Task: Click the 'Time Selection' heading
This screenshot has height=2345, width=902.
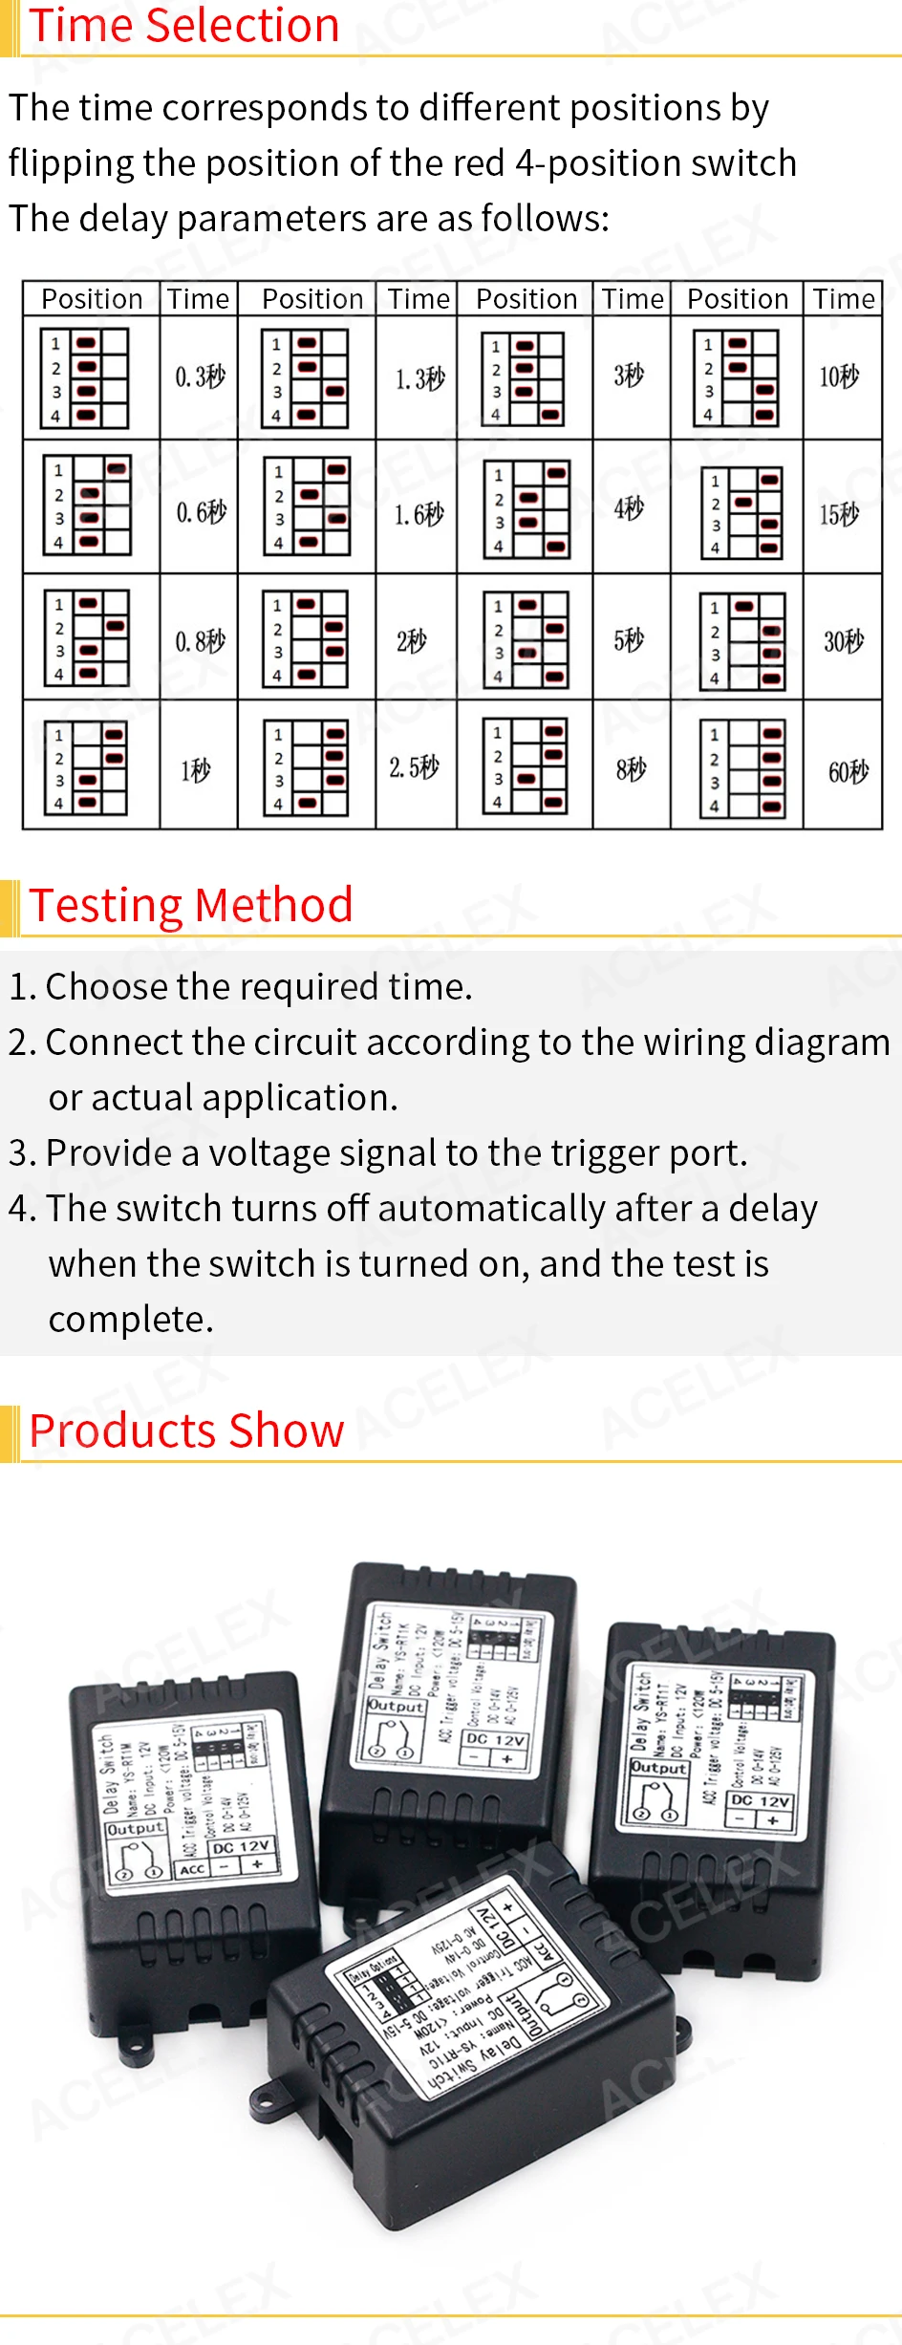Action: point(184,26)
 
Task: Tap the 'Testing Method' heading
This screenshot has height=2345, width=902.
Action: point(191,905)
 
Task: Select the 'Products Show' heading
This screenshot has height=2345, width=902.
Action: point(186,1431)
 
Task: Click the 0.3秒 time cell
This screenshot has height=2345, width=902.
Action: point(200,376)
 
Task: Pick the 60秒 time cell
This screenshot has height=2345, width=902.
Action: point(848,770)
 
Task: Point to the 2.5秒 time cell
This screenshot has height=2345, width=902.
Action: point(414,766)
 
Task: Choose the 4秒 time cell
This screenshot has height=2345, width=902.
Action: point(628,507)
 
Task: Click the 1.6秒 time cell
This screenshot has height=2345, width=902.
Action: point(419,514)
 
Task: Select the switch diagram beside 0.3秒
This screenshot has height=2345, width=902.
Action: point(85,378)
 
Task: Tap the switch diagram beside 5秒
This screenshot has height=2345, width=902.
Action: point(526,639)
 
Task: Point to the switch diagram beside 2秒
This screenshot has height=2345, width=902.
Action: point(307,639)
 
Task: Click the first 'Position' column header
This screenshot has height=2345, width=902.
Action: point(92,299)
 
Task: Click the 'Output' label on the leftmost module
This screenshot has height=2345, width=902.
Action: point(135,1828)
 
